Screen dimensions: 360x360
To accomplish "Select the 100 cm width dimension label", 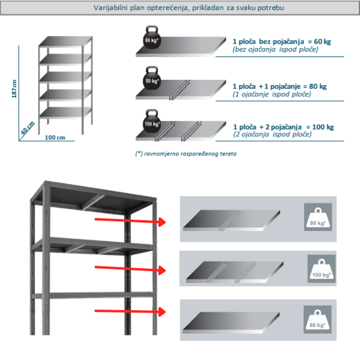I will coord(55,138).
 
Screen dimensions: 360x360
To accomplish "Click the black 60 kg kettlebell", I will coord(151,38).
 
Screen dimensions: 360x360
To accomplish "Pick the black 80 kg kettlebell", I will coord(151,78).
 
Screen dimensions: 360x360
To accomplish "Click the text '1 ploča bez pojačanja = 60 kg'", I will coord(281,41).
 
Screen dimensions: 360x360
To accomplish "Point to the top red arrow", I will coord(129,222).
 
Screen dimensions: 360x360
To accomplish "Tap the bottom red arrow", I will coord(129,310).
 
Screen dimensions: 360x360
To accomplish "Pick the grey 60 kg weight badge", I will coord(317,319).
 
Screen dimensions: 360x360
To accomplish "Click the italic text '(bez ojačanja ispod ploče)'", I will coord(275,49).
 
